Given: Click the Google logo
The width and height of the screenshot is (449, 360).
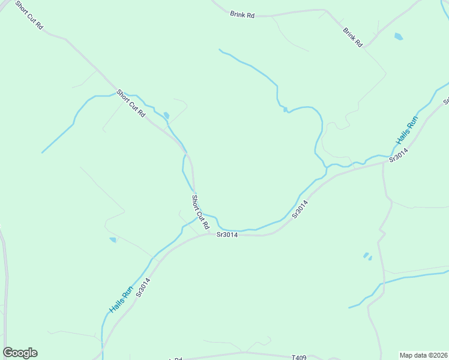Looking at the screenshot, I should pos(20,353).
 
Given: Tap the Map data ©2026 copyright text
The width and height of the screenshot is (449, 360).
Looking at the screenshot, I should pos(423,355).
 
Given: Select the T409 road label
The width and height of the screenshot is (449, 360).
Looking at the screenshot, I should pos(299,358).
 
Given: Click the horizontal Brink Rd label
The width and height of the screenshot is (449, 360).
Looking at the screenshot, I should pos(243,14).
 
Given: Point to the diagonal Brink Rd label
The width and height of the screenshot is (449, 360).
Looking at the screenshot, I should pos(353,37).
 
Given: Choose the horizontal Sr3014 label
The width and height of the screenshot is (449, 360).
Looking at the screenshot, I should pos(227,235).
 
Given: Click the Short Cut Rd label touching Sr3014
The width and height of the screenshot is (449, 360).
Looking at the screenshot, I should pos(200,212).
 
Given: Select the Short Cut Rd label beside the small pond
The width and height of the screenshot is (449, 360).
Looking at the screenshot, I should pos(131,103).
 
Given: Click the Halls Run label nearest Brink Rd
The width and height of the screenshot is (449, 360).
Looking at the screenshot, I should pos(406,130).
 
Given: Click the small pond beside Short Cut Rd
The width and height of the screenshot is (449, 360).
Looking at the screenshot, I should pos(166,116).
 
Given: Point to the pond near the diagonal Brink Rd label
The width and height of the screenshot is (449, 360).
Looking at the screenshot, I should pos(399,37).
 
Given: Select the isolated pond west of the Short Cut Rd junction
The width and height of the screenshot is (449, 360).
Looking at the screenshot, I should pos(113,240).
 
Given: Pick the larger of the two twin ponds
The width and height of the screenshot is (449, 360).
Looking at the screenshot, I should pos(366,255).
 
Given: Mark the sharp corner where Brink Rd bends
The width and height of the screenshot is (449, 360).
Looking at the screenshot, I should pos(325,10).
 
